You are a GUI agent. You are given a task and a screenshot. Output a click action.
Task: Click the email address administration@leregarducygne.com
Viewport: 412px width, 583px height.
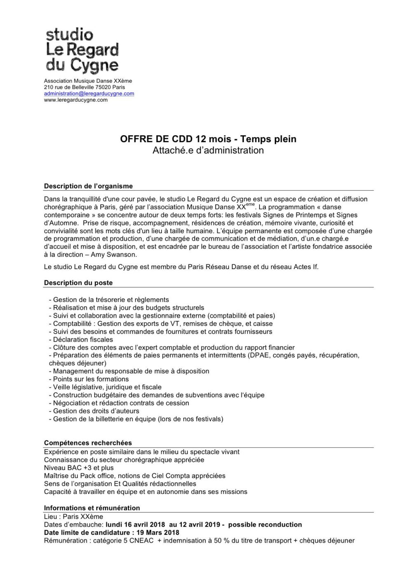click(89, 94)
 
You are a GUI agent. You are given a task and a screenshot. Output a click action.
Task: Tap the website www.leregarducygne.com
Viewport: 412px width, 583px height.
click(76, 100)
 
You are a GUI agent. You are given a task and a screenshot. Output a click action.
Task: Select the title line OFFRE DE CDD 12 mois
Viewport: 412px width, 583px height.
click(208, 139)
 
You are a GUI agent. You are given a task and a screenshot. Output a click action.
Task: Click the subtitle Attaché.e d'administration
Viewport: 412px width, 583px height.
click(208, 150)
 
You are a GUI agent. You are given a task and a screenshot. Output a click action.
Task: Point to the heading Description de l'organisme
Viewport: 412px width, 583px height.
click(88, 186)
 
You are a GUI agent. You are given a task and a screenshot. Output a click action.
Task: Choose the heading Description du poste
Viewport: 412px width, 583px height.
click(78, 283)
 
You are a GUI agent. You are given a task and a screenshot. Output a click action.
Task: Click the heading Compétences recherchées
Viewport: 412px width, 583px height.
click(88, 443)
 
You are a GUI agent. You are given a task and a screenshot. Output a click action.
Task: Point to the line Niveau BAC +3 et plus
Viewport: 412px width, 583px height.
click(79, 468)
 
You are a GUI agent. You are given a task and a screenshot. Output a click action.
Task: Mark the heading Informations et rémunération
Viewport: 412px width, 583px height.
click(92, 508)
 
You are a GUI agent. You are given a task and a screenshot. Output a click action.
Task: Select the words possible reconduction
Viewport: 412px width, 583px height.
click(265, 524)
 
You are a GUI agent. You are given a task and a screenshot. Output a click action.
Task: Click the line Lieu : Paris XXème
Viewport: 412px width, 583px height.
click(73, 517)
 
